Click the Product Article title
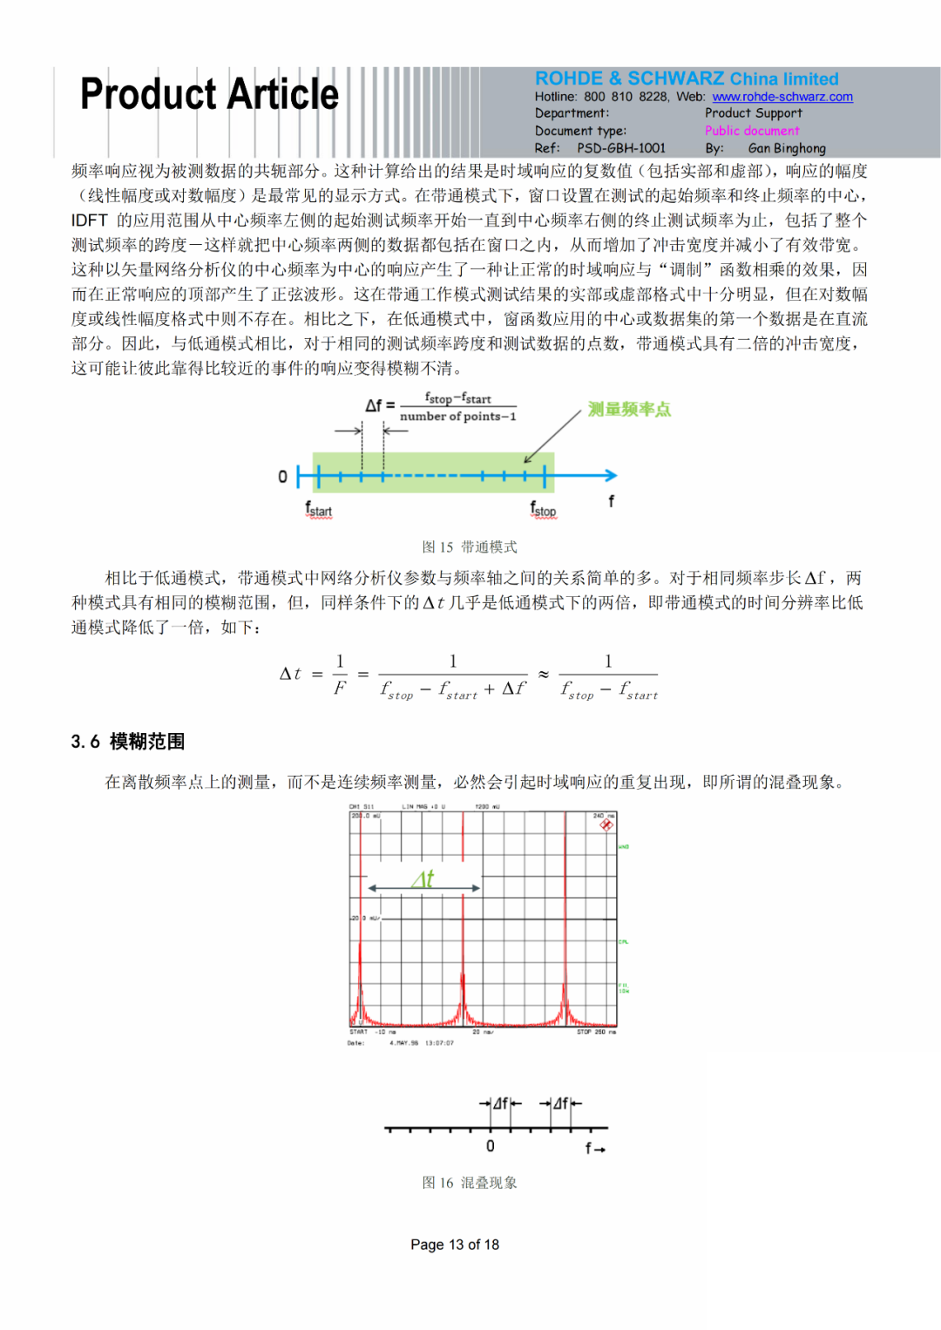coord(209,94)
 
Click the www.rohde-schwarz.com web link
coord(782,97)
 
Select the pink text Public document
coord(752,131)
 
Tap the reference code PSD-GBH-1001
coord(620,148)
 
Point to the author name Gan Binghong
coord(787,148)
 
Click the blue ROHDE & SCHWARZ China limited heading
coord(687,78)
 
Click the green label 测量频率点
coord(629,409)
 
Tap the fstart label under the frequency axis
coord(318,509)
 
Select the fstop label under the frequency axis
coord(543,509)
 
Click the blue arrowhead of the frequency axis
coord(612,475)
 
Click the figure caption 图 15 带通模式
coord(470,546)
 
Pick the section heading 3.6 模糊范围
coord(128,742)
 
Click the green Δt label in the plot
coord(423,879)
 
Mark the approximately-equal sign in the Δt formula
coord(543,675)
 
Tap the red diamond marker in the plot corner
coord(606,824)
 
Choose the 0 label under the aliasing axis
coord(490,1146)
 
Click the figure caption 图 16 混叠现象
coord(470,1183)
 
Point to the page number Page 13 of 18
coord(455,1245)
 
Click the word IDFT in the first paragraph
coord(90,221)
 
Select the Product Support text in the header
coord(753,113)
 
